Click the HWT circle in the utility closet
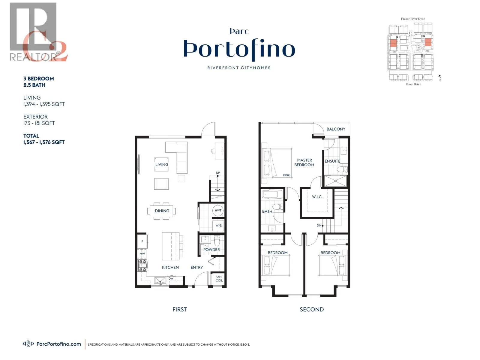tap(218, 210)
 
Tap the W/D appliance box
tap(219, 226)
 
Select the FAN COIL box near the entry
tap(219, 279)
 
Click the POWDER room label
tap(211, 250)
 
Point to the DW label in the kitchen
tap(171, 279)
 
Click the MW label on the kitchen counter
tap(142, 254)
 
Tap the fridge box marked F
tap(142, 241)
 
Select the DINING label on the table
tap(162, 211)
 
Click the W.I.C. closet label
tap(317, 197)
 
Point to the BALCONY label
tap(336, 129)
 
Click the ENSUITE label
tap(332, 161)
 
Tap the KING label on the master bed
tap(286, 175)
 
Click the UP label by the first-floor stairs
tap(218, 173)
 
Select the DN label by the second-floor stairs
tap(319, 226)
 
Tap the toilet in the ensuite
tap(342, 169)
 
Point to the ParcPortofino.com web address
tap(58, 344)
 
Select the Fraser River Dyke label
tap(413, 19)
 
